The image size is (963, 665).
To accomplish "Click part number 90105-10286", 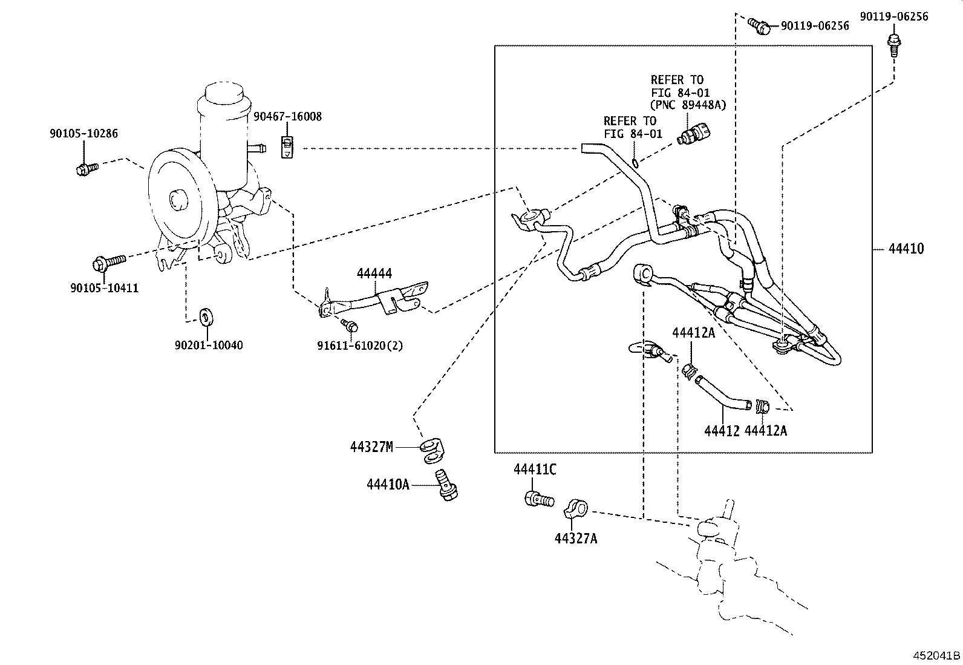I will tap(83, 134).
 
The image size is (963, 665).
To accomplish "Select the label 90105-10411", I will tap(103, 288).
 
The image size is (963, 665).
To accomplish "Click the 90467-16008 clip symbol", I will tap(288, 147).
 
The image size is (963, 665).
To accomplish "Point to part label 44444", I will tap(374, 274).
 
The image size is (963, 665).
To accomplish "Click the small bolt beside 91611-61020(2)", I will tap(349, 325).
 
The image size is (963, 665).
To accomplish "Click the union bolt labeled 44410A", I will tap(447, 485).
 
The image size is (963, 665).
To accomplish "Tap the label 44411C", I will tap(535, 469).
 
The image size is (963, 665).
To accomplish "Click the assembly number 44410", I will tap(906, 249).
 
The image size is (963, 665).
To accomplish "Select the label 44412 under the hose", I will tap(722, 430).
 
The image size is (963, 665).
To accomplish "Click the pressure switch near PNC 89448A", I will tap(696, 133).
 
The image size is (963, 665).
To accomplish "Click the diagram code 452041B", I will tap(936, 655).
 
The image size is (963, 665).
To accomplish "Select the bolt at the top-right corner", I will tap(893, 44).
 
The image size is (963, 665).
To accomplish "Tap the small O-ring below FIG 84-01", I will tap(633, 162).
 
